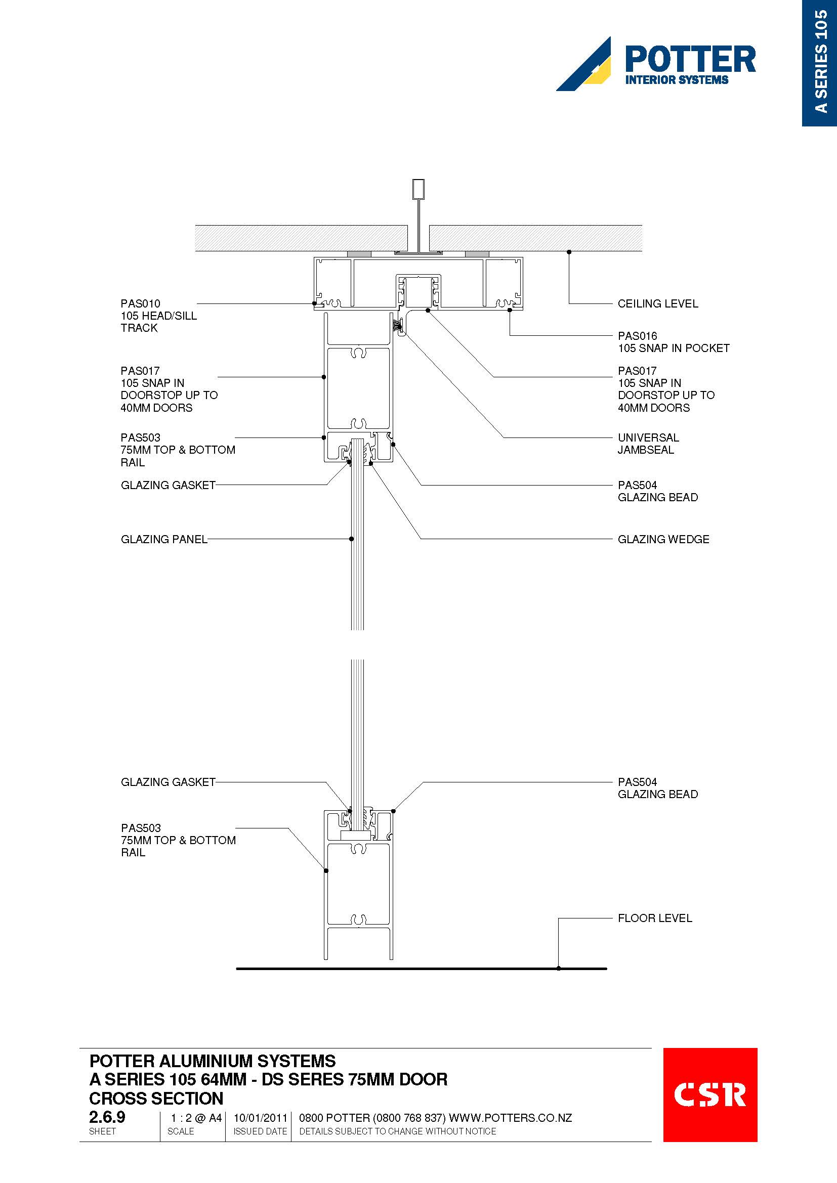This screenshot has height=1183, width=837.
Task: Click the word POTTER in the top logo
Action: pyautogui.click(x=690, y=59)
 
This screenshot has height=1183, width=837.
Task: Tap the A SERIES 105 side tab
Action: pyautogui.click(x=819, y=63)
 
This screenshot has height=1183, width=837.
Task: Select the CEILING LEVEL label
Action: pyautogui.click(x=658, y=303)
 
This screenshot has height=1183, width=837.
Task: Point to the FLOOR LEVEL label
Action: pyautogui.click(x=654, y=917)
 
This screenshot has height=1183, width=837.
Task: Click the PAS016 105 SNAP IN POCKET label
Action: pyautogui.click(x=674, y=342)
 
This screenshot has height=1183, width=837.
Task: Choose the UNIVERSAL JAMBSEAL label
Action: pyautogui.click(x=648, y=444)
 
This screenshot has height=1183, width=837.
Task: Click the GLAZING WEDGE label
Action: pyautogui.click(x=663, y=539)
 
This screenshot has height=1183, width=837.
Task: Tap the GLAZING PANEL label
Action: pyautogui.click(x=164, y=539)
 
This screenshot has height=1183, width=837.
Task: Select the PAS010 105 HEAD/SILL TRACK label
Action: pyautogui.click(x=159, y=315)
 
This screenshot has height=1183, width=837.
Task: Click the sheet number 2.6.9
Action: pyautogui.click(x=107, y=1117)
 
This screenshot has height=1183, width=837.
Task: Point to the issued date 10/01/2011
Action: pyautogui.click(x=260, y=1118)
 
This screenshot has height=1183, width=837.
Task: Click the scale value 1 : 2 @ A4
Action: pyautogui.click(x=196, y=1118)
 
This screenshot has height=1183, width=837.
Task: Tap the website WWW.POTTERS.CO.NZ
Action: pyautogui.click(x=510, y=1118)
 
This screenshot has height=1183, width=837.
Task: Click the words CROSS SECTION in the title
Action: pyautogui.click(x=156, y=1098)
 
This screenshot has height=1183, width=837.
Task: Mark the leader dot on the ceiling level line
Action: pyautogui.click(x=569, y=252)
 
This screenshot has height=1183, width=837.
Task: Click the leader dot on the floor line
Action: pyautogui.click(x=559, y=968)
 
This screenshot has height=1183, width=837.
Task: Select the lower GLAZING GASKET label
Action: pyautogui.click(x=168, y=781)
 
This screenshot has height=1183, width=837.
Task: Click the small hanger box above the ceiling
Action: pyautogui.click(x=418, y=189)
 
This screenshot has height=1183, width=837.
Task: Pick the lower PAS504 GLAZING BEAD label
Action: pyautogui.click(x=658, y=788)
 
